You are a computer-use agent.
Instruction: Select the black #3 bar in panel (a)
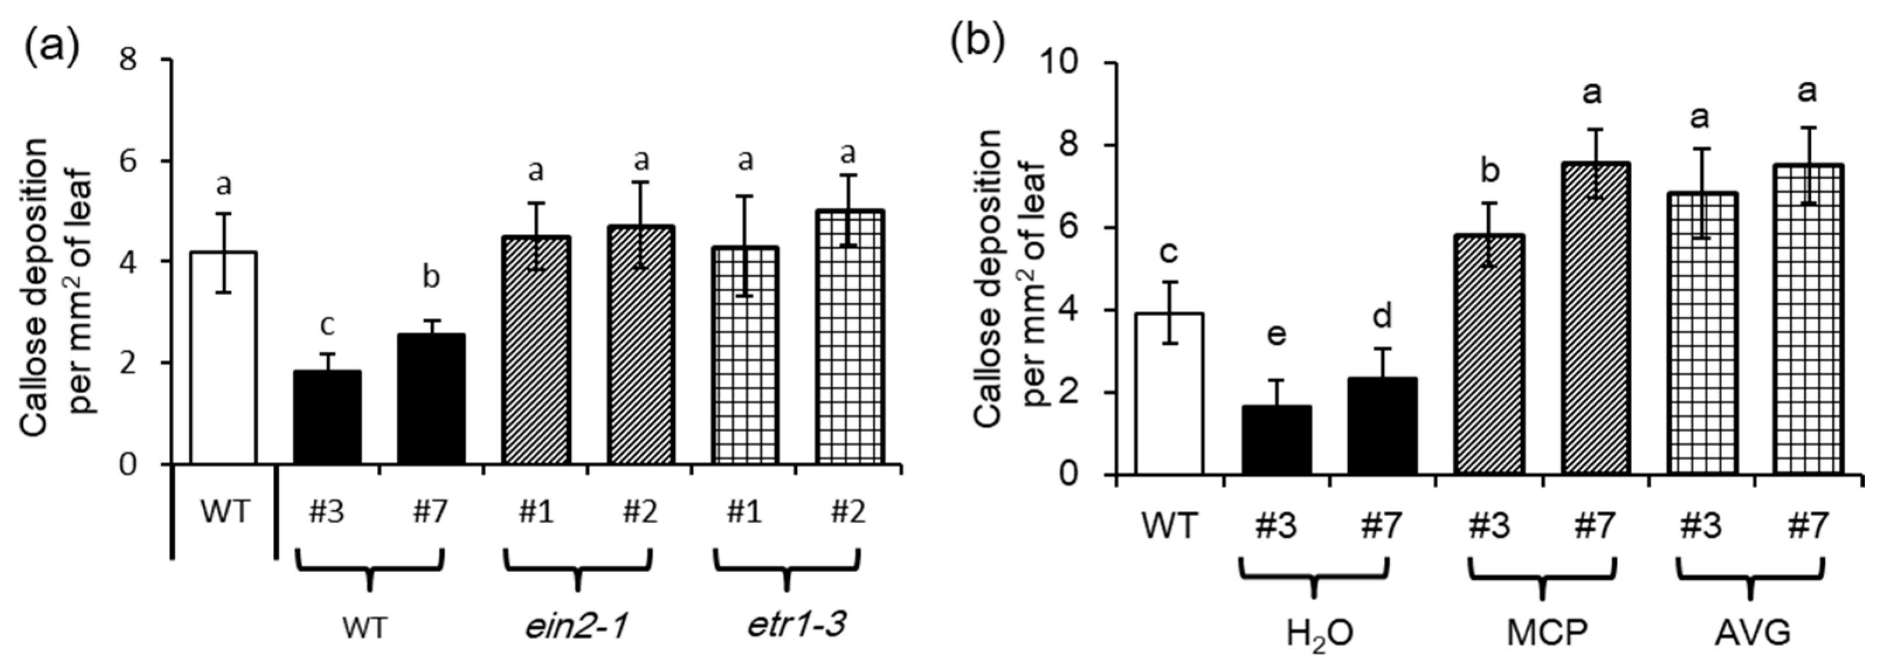point(327,417)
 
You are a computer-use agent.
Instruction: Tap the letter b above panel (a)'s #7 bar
point(431,278)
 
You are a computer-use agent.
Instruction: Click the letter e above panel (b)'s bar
point(1276,335)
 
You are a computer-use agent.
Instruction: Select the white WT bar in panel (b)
point(1169,395)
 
